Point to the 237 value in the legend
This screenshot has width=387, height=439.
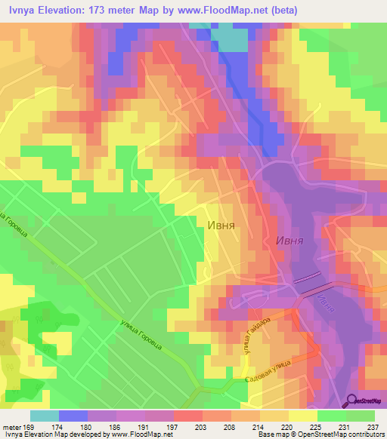[x=372, y=425]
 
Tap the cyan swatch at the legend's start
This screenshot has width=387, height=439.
[x=44, y=415]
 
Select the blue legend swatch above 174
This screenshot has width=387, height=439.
[x=73, y=415]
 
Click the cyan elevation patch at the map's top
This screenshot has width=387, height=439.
[x=229, y=38]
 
